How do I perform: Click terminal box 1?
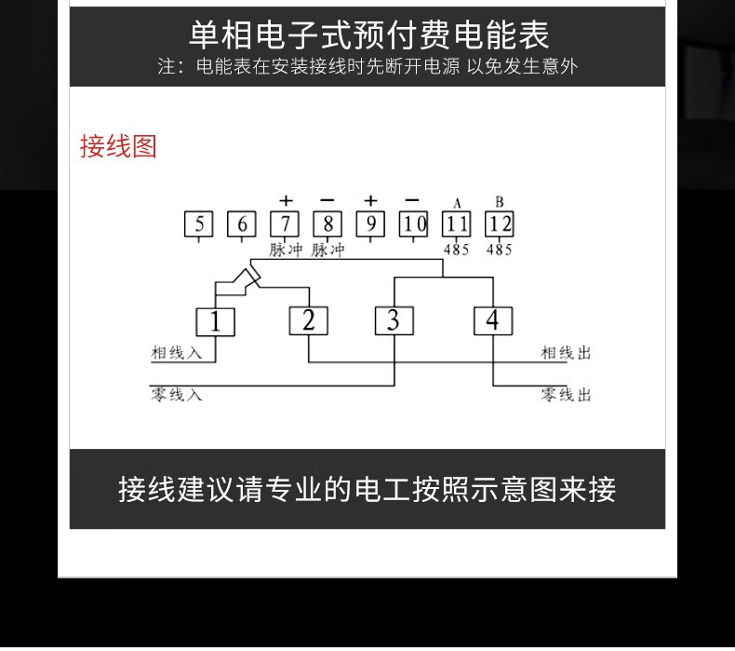[215, 322]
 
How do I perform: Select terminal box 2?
[309, 320]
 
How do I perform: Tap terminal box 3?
[394, 320]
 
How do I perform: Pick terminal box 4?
[493, 320]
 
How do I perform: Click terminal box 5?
[199, 224]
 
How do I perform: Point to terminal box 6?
[242, 224]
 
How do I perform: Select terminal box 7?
[285, 224]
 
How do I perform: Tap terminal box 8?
[327, 224]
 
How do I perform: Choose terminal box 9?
[371, 224]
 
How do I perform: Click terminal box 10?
[413, 224]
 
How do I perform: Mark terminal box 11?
[457, 224]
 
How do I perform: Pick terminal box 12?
[500, 224]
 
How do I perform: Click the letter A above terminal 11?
[457, 203]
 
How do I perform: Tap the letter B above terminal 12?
[500, 202]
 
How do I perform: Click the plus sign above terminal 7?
[286, 201]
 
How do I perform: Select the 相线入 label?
[176, 352]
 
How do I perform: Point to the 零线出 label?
[566, 394]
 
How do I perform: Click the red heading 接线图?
[118, 146]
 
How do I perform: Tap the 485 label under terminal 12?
[500, 250]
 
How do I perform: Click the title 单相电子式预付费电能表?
[369, 35]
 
